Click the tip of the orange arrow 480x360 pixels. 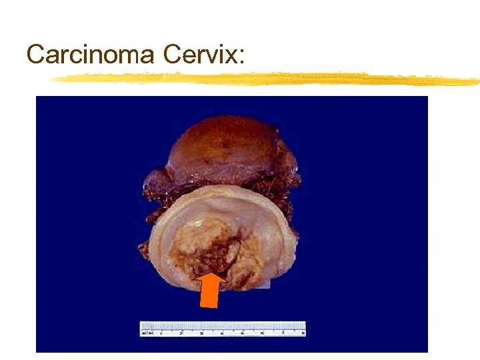pos(211,273)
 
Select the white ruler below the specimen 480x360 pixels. pos(223,329)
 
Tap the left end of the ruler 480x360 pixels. pos(141,329)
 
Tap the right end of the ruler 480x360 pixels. pos(304,329)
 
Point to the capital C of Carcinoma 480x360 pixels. pos(35,54)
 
